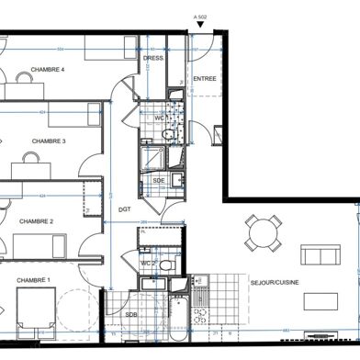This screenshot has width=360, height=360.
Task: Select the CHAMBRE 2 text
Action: [x=38, y=221]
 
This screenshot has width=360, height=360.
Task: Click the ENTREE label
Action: [x=205, y=79]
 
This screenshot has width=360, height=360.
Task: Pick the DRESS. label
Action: [x=152, y=59]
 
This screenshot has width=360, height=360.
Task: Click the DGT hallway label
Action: [x=124, y=209]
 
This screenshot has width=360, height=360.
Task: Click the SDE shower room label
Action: [x=158, y=181]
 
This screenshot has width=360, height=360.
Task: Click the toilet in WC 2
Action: [x=164, y=264]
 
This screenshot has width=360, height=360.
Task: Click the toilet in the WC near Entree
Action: [x=166, y=134]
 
